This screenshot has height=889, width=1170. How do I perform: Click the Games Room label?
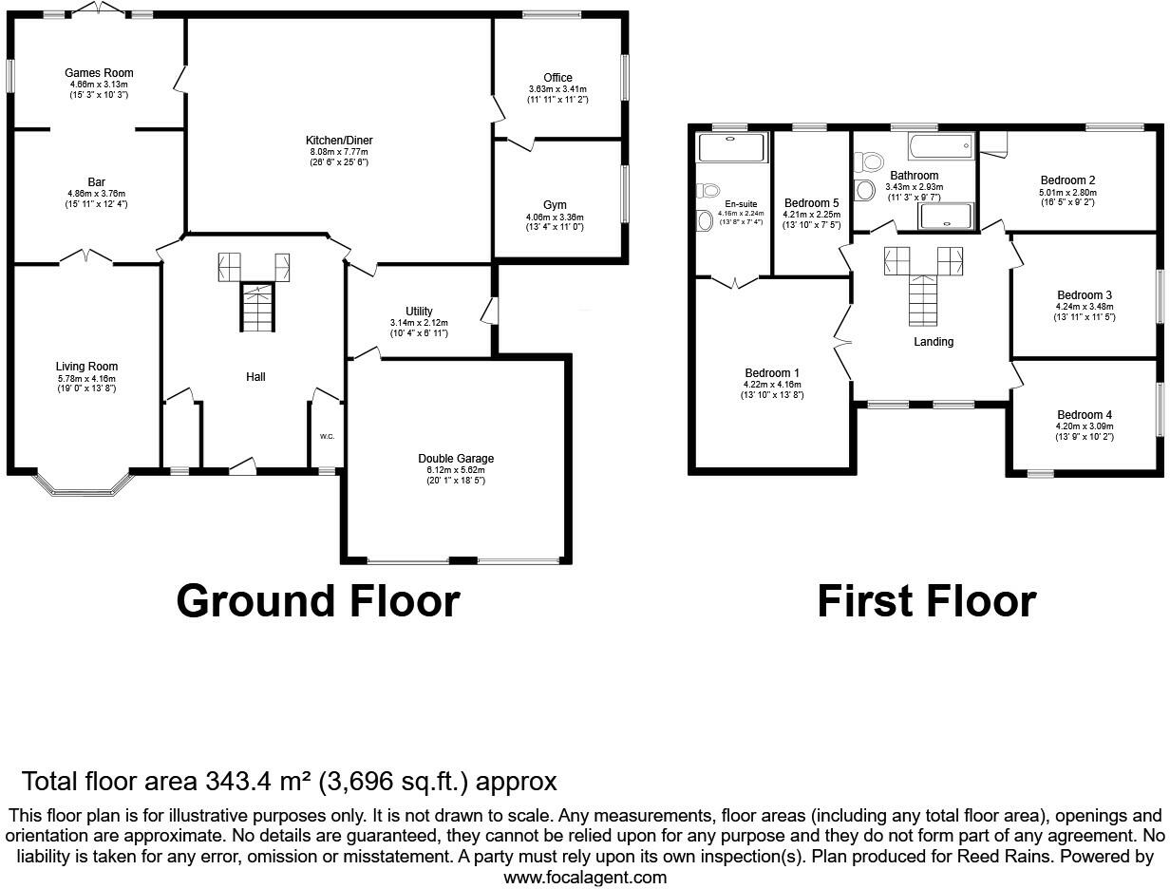[x=99, y=73]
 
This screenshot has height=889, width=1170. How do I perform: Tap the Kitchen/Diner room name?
[x=339, y=141]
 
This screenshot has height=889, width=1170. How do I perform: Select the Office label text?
[x=557, y=78]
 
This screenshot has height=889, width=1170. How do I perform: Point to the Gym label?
[x=555, y=205]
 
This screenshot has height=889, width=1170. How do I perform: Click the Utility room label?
[x=419, y=312]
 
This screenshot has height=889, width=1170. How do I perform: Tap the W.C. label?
[x=327, y=437]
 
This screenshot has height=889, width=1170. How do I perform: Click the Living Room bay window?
[x=85, y=485]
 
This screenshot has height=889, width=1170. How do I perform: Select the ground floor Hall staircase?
[x=255, y=307]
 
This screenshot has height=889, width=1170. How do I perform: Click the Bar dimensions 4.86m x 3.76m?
[x=97, y=194]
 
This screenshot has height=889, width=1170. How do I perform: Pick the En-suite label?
[x=741, y=203]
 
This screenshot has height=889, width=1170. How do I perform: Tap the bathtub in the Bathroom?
[x=940, y=147]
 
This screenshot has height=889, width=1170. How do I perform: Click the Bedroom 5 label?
[x=811, y=203]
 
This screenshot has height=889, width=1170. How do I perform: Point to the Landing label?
[x=934, y=342]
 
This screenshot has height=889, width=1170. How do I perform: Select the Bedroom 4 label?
[x=1085, y=415]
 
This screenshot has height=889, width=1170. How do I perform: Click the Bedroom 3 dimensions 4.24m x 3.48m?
[x=1084, y=307]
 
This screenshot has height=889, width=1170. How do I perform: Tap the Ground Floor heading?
[x=317, y=601]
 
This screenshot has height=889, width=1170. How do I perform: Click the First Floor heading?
[x=926, y=601]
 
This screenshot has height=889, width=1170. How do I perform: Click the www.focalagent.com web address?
[x=585, y=878]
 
